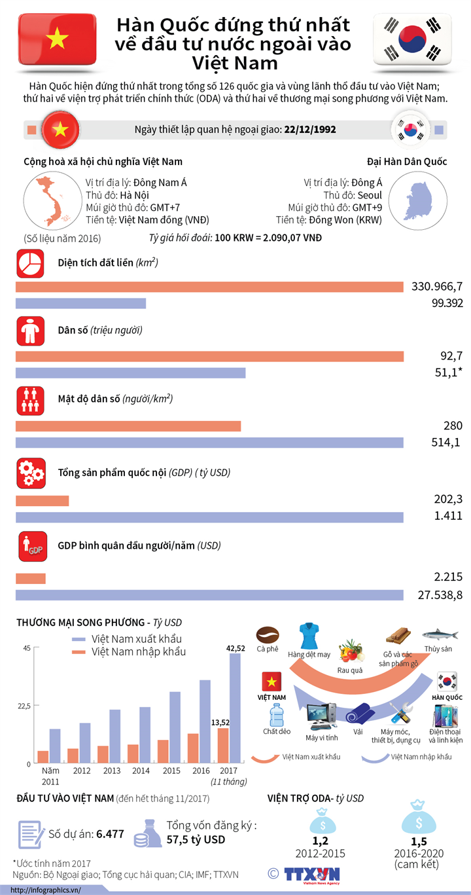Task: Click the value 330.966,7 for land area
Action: [x=437, y=287]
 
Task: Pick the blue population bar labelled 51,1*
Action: [x=130, y=373]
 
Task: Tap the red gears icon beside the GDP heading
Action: [x=30, y=473]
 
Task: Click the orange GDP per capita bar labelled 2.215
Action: [x=30, y=579]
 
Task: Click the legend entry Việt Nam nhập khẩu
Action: [x=138, y=652]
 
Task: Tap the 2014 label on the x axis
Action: [x=141, y=772]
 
